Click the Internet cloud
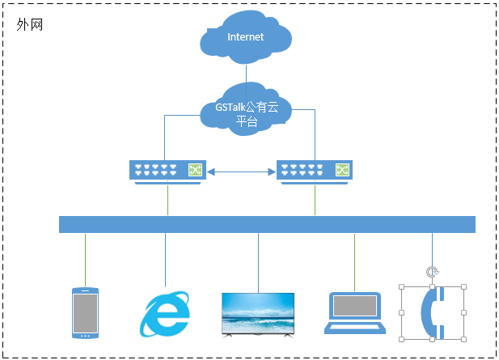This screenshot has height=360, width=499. pyautogui.click(x=246, y=38)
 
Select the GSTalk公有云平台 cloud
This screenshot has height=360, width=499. pyautogui.click(x=246, y=109)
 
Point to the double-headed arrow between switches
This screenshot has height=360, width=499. pyautogui.click(x=240, y=172)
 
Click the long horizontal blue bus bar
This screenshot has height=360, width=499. pyautogui.click(x=267, y=224)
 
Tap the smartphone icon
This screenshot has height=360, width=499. pyautogui.click(x=85, y=311)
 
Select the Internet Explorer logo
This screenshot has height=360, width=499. pyautogui.click(x=165, y=313)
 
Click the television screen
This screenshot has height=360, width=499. pyautogui.click(x=259, y=312)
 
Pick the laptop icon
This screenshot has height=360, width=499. pyautogui.click(x=354, y=312)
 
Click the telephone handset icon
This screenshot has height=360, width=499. pyautogui.click(x=432, y=312)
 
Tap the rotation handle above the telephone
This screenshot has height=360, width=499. pyautogui.click(x=432, y=273)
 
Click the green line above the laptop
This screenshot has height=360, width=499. pyautogui.click(x=354, y=261)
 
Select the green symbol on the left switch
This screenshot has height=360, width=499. pyautogui.click(x=195, y=170)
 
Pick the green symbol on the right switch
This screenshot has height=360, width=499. pyautogui.click(x=343, y=170)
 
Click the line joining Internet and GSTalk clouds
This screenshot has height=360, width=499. pyautogui.click(x=246, y=74)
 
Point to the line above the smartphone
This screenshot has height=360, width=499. pyautogui.click(x=85, y=259)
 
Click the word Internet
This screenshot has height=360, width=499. pyautogui.click(x=246, y=37)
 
